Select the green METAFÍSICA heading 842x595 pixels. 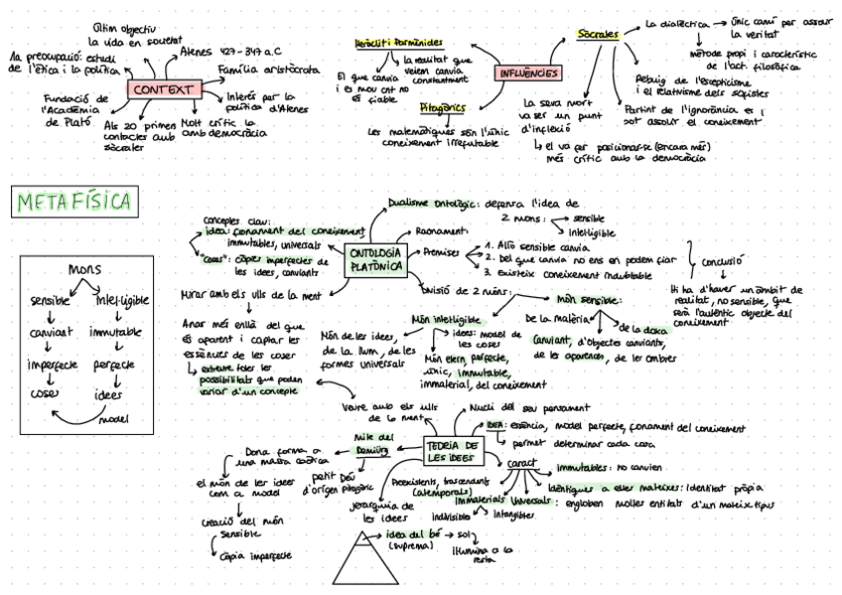tap(74, 203)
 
